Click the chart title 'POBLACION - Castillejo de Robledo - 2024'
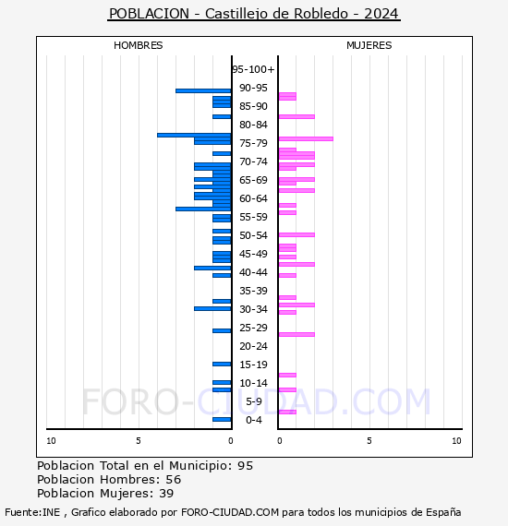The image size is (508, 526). [x=254, y=14]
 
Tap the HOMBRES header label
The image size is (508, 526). [x=138, y=45]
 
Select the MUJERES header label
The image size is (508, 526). [x=369, y=45]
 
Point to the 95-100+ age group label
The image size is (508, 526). [x=253, y=69]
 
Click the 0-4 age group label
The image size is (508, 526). [x=254, y=420]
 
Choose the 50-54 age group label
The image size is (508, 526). [x=253, y=235]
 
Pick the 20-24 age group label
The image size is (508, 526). [x=253, y=346]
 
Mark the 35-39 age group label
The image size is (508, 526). [x=253, y=291]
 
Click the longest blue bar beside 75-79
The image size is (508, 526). [x=194, y=135]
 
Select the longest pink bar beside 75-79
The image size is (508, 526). [x=306, y=138]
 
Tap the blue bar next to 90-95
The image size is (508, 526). [x=203, y=90]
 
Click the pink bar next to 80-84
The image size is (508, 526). [x=296, y=116]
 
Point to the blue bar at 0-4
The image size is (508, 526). [x=222, y=419]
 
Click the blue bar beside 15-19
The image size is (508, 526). [x=222, y=364]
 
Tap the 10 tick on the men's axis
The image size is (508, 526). [x=51, y=441]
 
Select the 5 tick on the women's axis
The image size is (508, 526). [x=368, y=441]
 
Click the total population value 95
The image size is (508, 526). [x=245, y=465]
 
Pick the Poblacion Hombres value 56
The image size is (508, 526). [x=173, y=480]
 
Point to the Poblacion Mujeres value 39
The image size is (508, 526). [x=169, y=494]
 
